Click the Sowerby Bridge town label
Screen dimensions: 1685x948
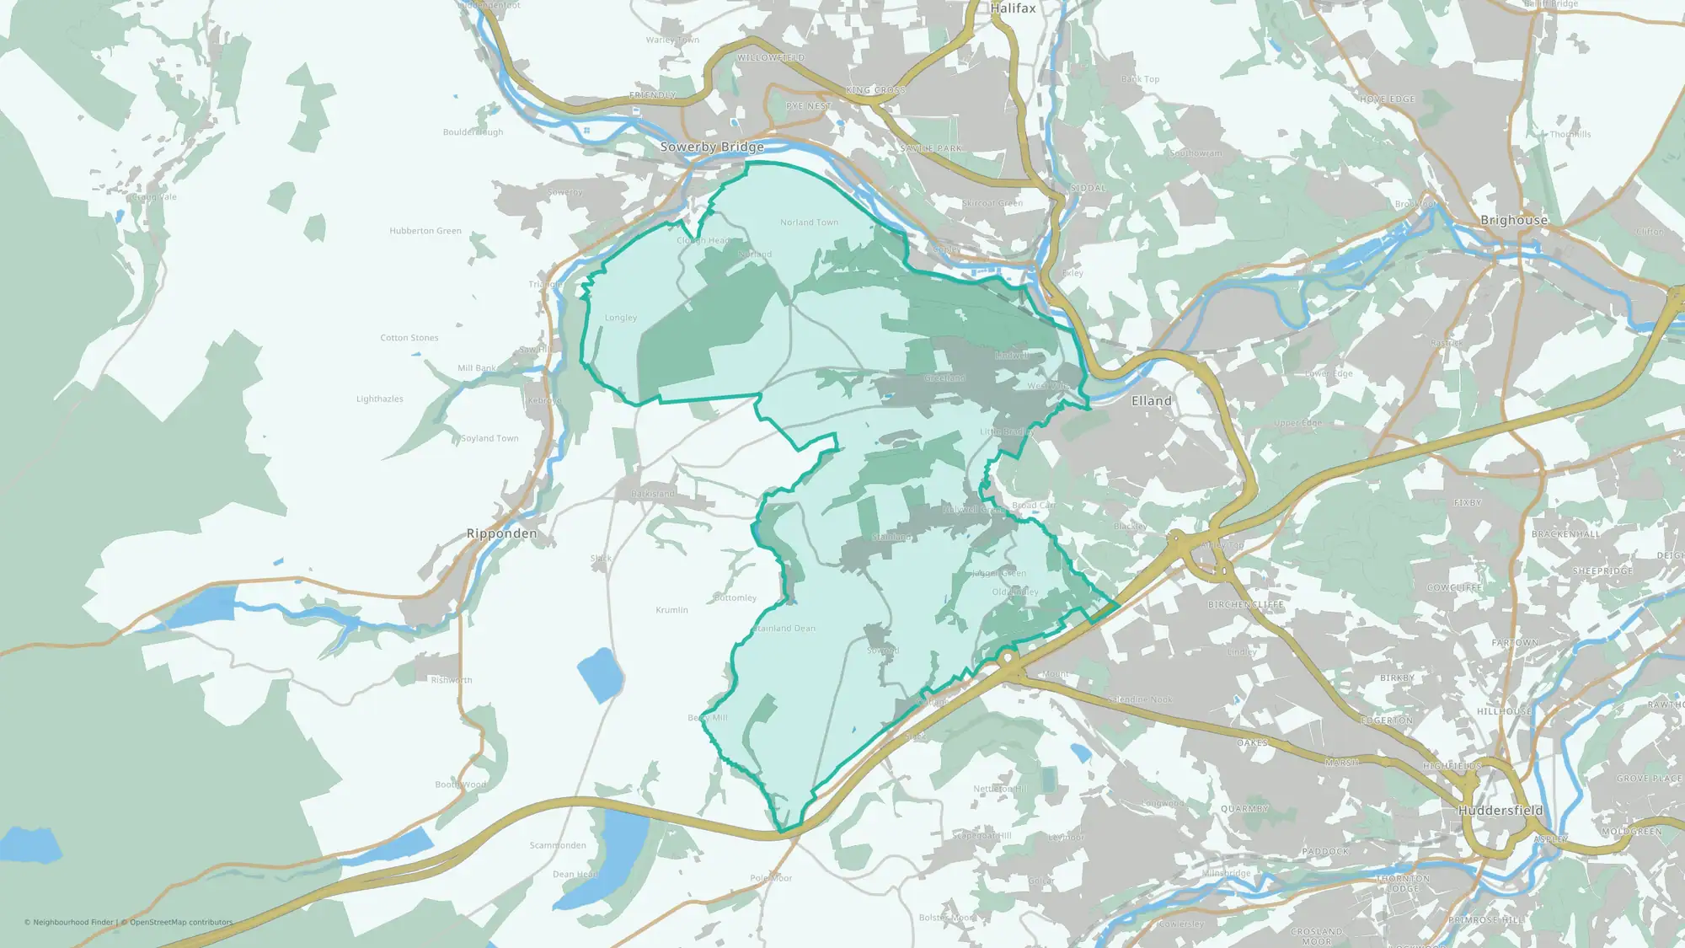712,147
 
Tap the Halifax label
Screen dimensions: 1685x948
1013,8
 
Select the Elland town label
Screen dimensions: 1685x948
1151,401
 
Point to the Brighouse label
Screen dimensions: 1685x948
1514,220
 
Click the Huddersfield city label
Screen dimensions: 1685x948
1500,811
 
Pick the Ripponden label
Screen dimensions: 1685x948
501,533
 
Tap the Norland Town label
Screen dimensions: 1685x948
809,222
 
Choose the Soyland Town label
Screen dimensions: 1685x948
489,438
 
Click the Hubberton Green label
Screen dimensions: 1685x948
425,231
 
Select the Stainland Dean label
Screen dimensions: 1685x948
785,629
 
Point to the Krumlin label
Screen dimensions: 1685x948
671,610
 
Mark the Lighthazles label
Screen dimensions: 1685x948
379,399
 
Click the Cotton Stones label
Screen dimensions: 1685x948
409,338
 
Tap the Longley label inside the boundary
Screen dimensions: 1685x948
621,318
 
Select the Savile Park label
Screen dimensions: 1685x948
931,148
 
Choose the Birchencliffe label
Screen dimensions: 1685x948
1245,605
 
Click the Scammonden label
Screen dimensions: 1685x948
558,845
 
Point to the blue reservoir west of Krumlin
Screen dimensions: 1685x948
600,674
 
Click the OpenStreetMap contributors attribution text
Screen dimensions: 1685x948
181,922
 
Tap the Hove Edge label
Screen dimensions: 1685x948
1387,99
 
